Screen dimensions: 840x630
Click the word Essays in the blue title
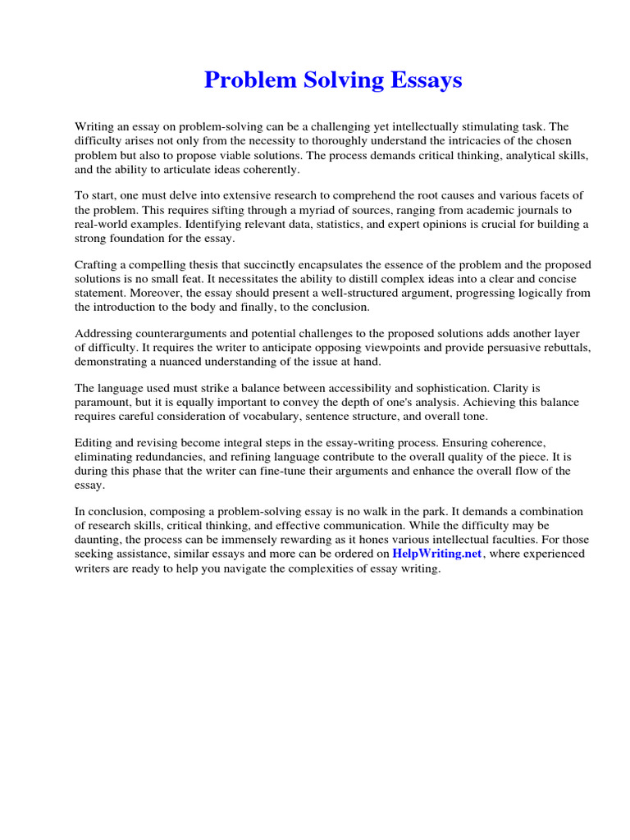(x=424, y=80)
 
